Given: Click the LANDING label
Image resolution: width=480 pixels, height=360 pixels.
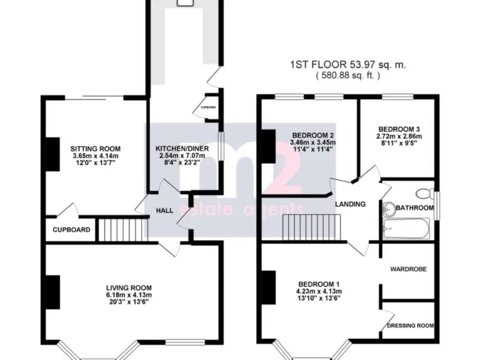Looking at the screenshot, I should coord(350,204).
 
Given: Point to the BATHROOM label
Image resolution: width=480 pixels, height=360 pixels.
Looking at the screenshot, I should coord(415,207).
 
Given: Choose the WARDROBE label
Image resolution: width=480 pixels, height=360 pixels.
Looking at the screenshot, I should coord(408,269).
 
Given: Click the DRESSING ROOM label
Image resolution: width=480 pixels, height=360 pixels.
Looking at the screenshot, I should coord(410,326).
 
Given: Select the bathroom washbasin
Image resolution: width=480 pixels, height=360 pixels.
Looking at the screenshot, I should coord(388,209).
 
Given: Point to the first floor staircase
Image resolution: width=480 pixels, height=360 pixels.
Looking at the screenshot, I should coord(312,226).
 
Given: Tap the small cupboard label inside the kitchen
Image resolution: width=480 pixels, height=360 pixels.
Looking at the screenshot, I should coord(208,107).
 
